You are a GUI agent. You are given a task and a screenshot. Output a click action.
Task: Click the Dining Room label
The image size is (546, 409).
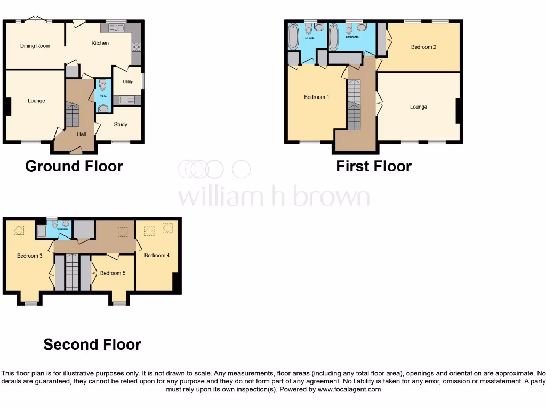35,46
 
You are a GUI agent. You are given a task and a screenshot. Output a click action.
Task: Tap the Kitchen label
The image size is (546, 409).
100,43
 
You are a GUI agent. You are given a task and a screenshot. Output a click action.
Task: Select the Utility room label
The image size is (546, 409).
127,82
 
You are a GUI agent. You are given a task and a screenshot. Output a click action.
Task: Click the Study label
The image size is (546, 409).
121,125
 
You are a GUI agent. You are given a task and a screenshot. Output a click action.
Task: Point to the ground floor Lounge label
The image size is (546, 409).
36,101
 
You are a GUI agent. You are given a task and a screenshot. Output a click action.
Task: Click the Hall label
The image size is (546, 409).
81,134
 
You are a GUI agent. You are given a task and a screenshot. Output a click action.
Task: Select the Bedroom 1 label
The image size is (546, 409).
316,97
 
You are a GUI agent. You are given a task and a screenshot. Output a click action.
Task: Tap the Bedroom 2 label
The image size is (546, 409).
423,47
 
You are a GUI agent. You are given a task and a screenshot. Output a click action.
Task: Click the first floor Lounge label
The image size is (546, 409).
419,107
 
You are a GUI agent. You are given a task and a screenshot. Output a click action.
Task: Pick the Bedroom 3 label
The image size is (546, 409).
29,256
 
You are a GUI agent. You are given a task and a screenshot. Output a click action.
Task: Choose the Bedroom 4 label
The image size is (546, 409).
157,256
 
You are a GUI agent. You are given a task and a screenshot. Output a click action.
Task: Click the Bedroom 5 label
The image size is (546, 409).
113,273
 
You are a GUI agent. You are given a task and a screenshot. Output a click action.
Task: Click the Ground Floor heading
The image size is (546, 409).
74,166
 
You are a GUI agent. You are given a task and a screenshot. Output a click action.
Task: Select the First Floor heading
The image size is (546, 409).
374,166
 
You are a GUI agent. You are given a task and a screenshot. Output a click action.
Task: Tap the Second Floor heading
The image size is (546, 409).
92,345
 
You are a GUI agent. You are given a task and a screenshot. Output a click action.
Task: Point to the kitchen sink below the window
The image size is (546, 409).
116,28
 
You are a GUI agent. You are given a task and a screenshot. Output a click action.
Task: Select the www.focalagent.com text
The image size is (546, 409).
350,389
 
